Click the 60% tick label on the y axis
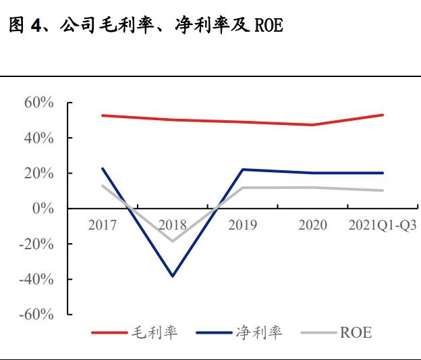click(38, 103)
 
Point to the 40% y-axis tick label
click(38, 138)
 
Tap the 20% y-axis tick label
click(38, 174)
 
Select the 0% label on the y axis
click(43, 209)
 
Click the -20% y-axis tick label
click(36, 244)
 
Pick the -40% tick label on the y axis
click(36, 279)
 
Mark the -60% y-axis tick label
click(36, 315)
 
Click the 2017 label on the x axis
click(103, 225)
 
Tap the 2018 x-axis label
click(173, 225)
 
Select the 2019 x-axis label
click(242, 225)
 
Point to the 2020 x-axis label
click(312, 225)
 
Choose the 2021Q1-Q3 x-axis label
click(382, 225)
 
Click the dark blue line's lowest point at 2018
click(173, 276)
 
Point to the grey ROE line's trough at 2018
click(173, 240)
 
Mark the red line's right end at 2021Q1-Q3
click(383, 115)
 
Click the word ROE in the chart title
click(269, 26)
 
